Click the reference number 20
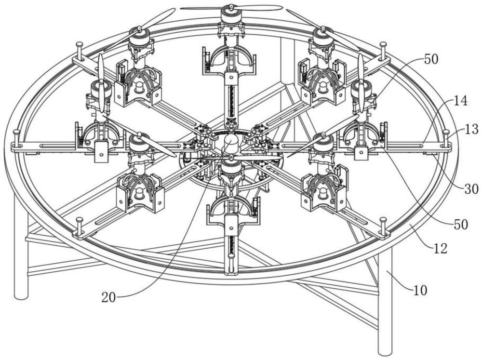tap(109, 298)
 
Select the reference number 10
tap(420, 290)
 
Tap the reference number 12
tap(440, 248)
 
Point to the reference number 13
tap(471, 129)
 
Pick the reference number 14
tap(460, 101)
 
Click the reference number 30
tap(471, 189)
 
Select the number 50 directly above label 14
tap(431, 60)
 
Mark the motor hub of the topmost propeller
tap(231, 14)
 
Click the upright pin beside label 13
tap(446, 139)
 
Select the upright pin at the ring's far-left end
tap(16, 139)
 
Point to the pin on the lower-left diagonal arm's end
tap(80, 227)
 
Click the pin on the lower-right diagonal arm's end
tap(383, 227)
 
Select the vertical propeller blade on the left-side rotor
tap(101, 83)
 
